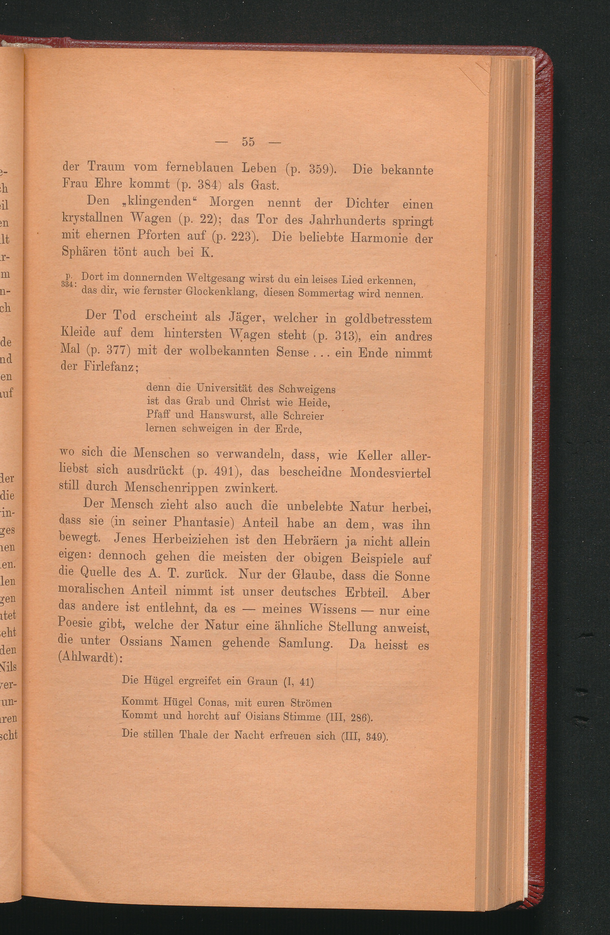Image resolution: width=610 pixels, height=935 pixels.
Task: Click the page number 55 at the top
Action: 248,142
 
